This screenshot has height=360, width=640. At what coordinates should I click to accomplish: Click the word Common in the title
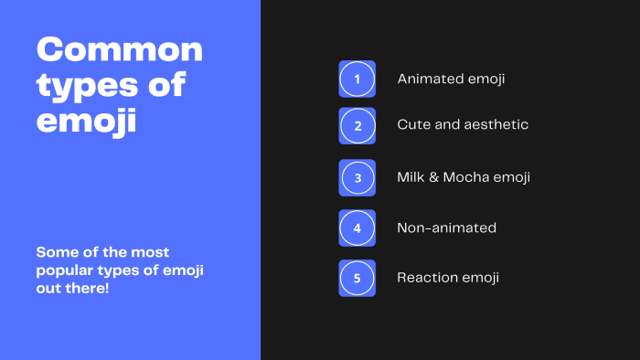(119, 49)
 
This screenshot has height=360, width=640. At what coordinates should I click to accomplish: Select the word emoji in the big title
(87, 121)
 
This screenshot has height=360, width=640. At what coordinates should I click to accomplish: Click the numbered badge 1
(357, 79)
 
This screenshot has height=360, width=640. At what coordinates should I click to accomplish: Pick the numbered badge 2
(357, 125)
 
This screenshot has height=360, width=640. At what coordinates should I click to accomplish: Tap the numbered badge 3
(357, 178)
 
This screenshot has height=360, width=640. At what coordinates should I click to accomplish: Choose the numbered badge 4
(357, 228)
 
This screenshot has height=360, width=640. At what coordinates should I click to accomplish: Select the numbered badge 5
(357, 278)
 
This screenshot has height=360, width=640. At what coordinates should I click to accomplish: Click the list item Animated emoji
(451, 79)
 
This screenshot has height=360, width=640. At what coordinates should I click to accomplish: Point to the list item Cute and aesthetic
(463, 124)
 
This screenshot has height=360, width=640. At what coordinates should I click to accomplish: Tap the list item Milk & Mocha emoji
(464, 177)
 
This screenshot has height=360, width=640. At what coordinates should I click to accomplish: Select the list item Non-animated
(446, 228)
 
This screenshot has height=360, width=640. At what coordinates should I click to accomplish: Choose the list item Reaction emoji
(448, 278)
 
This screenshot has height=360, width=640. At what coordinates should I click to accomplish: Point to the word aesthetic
(497, 124)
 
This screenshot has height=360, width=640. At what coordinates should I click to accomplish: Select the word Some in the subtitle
(55, 251)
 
